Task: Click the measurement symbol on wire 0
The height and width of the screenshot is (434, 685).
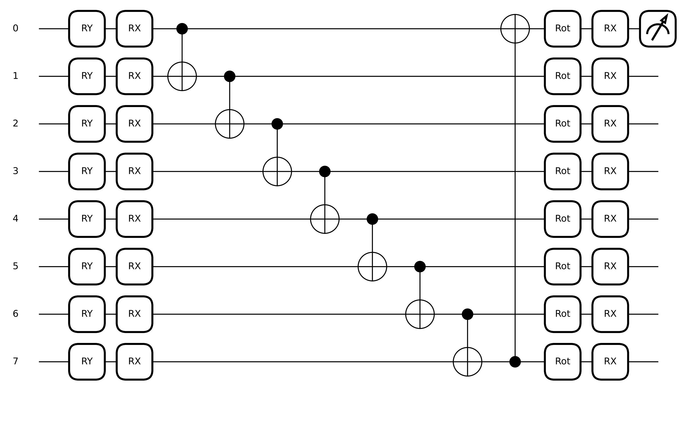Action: pyautogui.click(x=658, y=29)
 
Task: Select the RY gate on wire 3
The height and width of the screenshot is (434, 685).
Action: pyautogui.click(x=87, y=171)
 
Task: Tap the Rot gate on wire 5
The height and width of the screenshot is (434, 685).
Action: pyautogui.click(x=563, y=266)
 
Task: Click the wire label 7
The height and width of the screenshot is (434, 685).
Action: pyautogui.click(x=16, y=361)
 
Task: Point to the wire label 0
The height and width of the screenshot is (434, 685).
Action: pyautogui.click(x=16, y=28)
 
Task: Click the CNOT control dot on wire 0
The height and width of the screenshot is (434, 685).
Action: pyautogui.click(x=182, y=29)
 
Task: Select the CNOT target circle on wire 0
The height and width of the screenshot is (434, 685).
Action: pyautogui.click(x=515, y=29)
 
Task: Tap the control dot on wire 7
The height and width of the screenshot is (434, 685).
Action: pyautogui.click(x=515, y=362)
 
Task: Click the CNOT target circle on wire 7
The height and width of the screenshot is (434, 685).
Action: pyautogui.click(x=467, y=362)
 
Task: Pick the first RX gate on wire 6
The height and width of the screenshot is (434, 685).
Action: pyautogui.click(x=134, y=314)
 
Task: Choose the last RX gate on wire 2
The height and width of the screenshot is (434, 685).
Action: pyautogui.click(x=610, y=124)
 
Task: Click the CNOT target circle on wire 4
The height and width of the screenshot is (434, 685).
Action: pyautogui.click(x=325, y=219)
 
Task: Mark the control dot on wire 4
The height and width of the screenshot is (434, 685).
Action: pyautogui.click(x=372, y=219)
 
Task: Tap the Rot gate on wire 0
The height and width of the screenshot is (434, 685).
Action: pyautogui.click(x=563, y=29)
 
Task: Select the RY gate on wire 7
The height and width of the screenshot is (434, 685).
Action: pyautogui.click(x=87, y=362)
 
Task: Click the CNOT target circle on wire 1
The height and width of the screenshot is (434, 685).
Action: pyautogui.click(x=182, y=76)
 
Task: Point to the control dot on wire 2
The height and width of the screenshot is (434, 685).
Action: pyautogui.click(x=277, y=124)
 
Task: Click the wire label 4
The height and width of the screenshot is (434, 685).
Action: pyautogui.click(x=16, y=219)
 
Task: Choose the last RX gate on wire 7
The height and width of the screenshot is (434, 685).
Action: pyautogui.click(x=610, y=362)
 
